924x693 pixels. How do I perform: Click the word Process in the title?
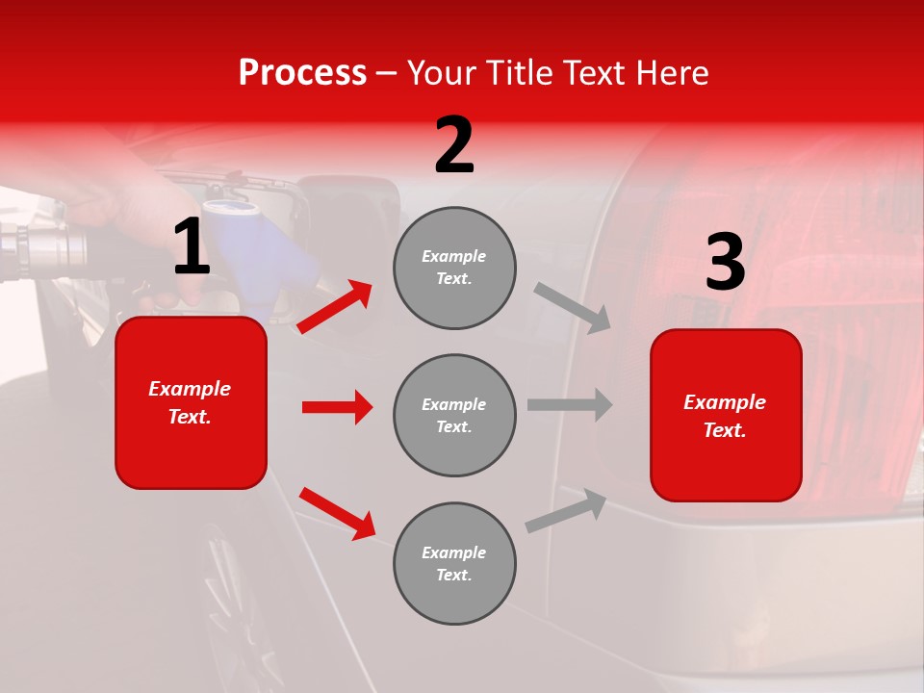[302, 73]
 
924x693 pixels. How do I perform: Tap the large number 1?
[191, 248]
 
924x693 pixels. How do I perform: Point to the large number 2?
[454, 145]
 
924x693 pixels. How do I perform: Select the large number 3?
[725, 263]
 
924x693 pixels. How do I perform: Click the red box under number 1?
[191, 402]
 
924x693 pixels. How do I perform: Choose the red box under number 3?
[726, 415]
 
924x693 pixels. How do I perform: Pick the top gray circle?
[454, 268]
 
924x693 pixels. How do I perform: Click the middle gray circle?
[454, 415]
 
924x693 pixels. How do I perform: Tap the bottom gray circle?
[454, 563]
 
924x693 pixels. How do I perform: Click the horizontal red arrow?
[337, 407]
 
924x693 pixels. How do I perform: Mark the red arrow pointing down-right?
[337, 513]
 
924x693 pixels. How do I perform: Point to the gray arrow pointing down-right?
[573, 307]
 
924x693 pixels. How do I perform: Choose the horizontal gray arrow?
[570, 404]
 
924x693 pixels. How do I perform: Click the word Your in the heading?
[443, 73]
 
